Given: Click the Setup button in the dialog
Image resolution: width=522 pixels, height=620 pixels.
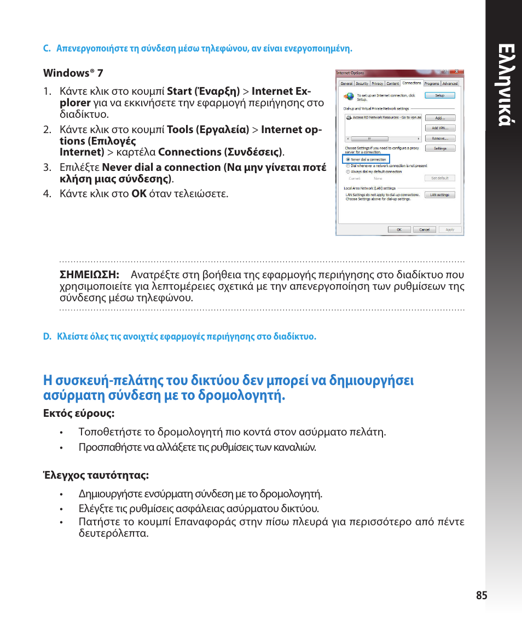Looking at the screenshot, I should point(440,95).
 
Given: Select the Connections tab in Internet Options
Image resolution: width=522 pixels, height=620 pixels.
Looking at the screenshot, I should point(411,83).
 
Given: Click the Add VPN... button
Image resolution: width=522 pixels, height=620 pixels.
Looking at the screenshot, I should point(440,128).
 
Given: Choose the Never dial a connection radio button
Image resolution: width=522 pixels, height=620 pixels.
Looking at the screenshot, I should point(348,159).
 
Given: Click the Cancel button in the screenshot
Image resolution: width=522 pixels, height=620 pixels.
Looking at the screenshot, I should point(425,229).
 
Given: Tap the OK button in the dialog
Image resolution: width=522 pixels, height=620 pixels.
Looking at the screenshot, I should point(399,229).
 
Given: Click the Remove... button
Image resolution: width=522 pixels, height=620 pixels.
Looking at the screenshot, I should point(440,139).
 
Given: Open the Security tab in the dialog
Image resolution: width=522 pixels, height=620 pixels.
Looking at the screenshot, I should point(362,84).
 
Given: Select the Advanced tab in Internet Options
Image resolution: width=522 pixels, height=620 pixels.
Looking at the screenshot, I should point(450,84).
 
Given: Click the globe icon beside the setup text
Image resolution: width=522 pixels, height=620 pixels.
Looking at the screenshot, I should point(349,96).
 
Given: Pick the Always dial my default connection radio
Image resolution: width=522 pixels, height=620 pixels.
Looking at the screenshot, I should point(348,171).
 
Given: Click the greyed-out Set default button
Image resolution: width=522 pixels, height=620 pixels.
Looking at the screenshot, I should point(440,178).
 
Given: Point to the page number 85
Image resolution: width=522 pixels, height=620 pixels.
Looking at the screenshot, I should point(482,595).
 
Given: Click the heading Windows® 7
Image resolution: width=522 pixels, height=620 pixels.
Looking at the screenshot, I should point(73,73).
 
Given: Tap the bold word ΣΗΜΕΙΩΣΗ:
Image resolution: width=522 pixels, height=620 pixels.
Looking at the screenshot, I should point(89,274).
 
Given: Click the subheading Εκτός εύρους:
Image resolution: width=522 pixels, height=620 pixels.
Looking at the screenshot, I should point(79,414).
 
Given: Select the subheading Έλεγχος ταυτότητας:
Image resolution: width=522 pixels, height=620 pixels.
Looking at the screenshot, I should point(96,475).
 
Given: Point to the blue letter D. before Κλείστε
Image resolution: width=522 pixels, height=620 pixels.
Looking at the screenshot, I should point(47,336).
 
